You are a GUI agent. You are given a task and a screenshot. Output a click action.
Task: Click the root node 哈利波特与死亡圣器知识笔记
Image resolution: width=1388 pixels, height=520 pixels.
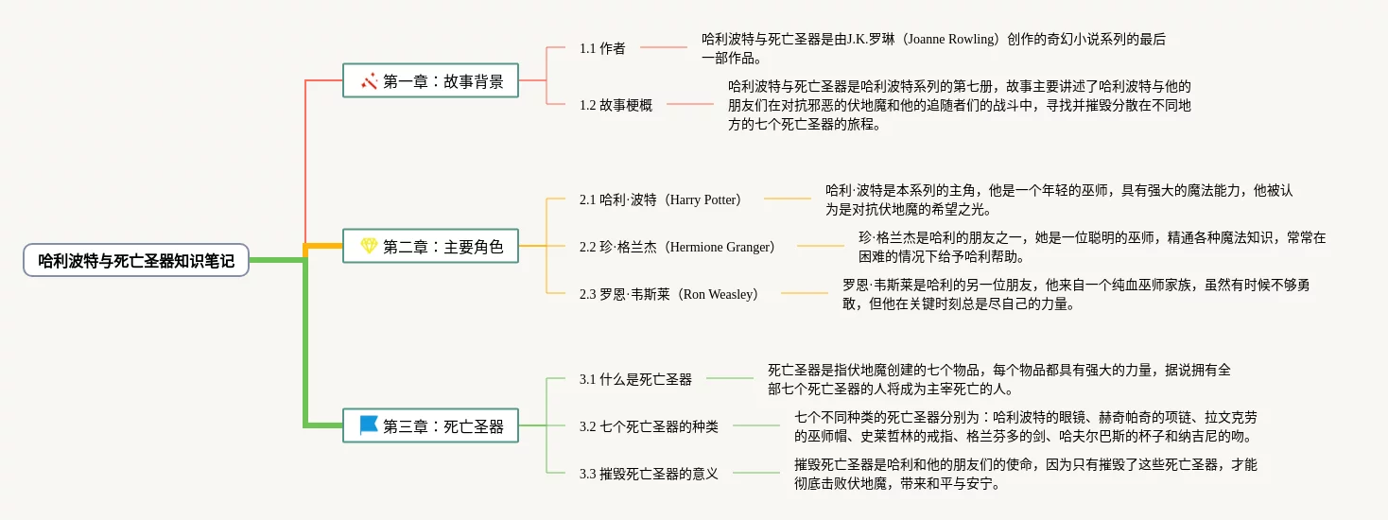click(x=136, y=260)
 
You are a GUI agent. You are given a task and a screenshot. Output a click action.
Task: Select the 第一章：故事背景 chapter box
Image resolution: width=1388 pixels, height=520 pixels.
click(x=430, y=81)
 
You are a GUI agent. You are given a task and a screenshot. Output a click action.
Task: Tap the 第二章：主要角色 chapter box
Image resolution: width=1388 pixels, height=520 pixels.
click(x=430, y=247)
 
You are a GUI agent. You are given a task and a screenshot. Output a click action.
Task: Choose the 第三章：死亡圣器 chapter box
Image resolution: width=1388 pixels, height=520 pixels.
click(x=430, y=425)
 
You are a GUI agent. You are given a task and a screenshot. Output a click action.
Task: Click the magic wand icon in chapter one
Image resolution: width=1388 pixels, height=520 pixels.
click(x=369, y=81)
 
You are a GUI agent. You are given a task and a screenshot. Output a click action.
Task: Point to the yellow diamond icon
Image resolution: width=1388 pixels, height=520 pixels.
click(x=369, y=246)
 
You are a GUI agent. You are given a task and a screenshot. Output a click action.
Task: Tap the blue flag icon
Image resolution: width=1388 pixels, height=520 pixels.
click(x=369, y=425)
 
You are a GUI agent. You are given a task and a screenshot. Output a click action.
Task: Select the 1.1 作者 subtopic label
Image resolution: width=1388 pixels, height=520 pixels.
click(x=602, y=48)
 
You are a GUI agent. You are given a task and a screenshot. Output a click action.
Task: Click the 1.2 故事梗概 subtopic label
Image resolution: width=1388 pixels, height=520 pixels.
click(x=616, y=105)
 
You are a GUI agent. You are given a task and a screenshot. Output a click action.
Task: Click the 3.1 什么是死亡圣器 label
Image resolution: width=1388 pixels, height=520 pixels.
click(x=635, y=379)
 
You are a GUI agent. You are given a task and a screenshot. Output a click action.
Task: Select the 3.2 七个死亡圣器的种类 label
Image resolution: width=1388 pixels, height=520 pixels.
click(x=649, y=426)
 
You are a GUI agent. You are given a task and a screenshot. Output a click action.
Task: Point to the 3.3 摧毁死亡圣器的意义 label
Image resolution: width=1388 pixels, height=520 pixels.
click(x=649, y=474)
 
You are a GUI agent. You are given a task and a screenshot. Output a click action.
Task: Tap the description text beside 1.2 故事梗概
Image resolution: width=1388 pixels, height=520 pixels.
click(x=959, y=105)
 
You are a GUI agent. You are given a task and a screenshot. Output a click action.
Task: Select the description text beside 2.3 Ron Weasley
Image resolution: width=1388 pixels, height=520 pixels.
click(x=1075, y=294)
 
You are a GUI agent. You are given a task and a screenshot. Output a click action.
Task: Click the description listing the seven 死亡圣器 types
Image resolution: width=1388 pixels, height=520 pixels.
click(x=1025, y=426)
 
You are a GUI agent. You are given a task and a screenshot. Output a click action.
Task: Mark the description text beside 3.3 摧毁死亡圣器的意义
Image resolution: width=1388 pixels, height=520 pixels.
click(x=1025, y=474)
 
